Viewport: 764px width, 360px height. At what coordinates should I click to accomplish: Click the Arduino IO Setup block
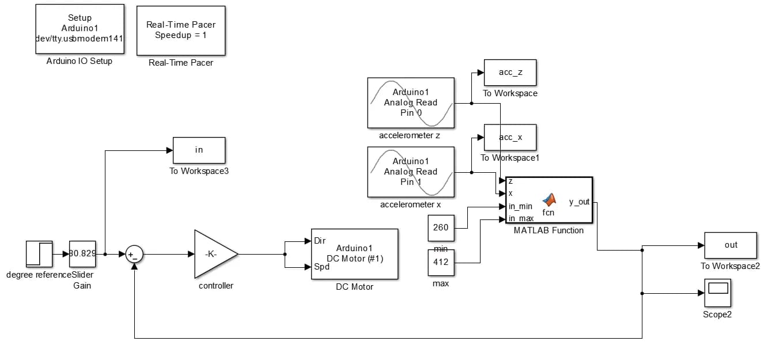coord(80,29)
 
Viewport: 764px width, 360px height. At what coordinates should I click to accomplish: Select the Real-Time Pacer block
coord(181,31)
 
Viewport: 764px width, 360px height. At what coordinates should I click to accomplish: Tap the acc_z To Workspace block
coord(510,73)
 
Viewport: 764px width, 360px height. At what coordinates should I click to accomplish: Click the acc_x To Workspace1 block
coord(510,137)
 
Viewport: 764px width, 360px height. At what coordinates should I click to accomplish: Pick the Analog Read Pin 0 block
coord(411,103)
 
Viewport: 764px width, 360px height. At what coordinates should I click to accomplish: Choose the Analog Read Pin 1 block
coord(411,172)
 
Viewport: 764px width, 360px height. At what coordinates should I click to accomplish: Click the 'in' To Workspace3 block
coord(199,150)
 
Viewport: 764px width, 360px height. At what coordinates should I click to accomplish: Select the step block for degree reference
coord(39,254)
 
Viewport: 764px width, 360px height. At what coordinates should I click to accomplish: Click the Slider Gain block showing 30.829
coord(82,254)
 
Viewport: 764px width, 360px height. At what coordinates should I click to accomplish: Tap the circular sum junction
coord(134,254)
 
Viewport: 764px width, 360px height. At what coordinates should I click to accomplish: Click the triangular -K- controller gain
coord(212,254)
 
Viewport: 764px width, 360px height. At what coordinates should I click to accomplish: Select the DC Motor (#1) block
coord(354,254)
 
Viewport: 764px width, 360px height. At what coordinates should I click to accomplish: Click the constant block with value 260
coord(441,228)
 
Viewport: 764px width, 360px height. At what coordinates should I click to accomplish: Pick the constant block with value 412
coord(441,263)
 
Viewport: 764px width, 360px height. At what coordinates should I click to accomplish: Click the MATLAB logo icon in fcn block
coord(550,200)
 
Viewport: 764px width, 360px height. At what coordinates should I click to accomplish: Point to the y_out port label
coord(579,202)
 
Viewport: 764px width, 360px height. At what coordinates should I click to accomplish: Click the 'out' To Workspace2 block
coord(731,245)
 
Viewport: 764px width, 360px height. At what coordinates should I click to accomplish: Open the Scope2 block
coord(717,293)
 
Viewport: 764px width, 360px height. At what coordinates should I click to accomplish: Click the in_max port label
coord(521,218)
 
